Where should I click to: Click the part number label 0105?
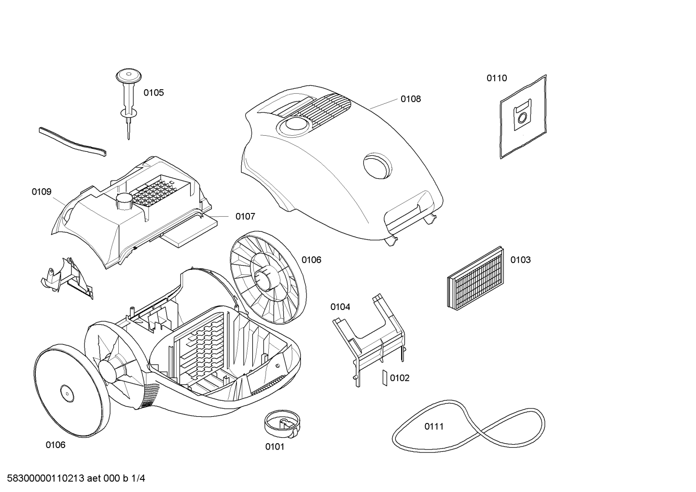[153, 93]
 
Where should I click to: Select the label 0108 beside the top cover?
[410, 99]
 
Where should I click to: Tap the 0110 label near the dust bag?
[497, 78]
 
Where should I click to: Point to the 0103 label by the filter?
[520, 260]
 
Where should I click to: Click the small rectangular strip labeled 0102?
[385, 378]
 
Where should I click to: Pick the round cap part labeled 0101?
[282, 424]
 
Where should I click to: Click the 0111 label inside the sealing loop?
[434, 426]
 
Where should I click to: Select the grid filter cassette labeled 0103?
[475, 278]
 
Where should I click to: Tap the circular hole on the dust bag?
[522, 117]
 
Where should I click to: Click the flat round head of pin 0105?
[129, 76]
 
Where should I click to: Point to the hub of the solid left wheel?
[67, 394]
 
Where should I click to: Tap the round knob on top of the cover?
[294, 125]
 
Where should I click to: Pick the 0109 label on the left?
[42, 192]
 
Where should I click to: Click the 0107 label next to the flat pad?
[245, 216]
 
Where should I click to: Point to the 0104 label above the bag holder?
[340, 307]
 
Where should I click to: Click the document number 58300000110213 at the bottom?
[45, 478]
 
